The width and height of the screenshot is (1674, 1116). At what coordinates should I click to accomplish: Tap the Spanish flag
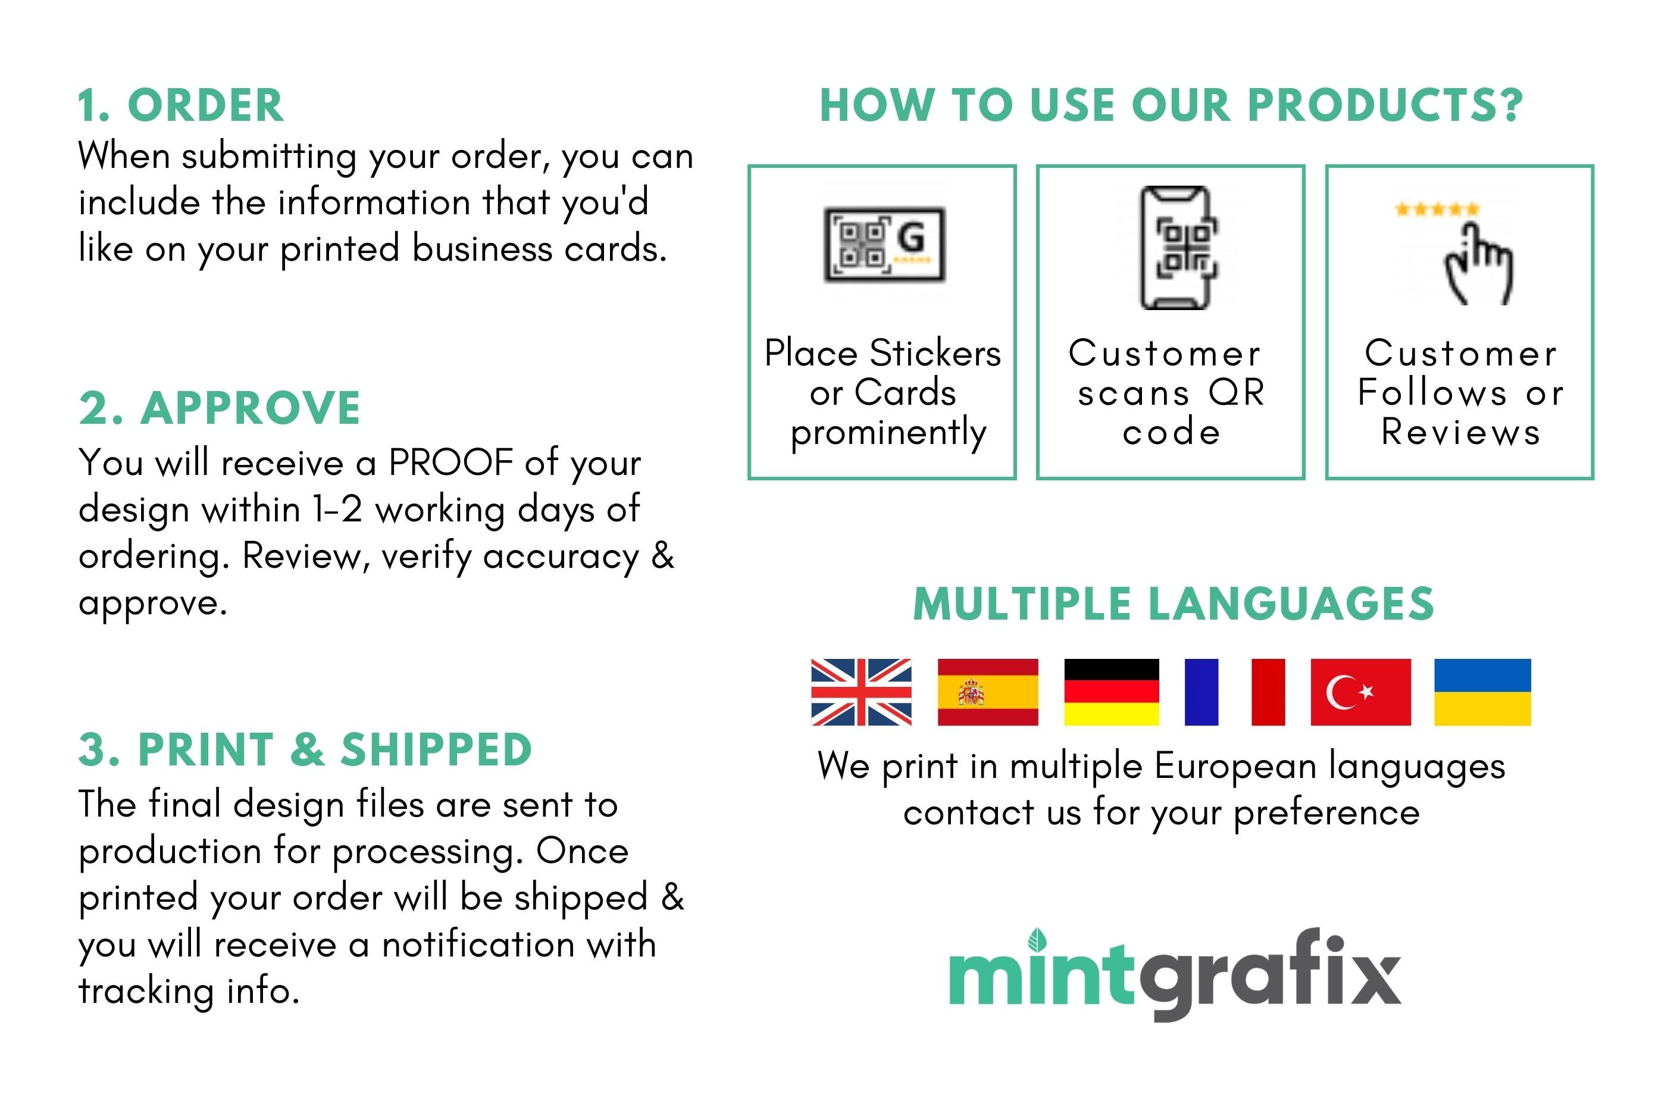click(x=987, y=692)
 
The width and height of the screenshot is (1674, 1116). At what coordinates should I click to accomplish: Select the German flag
click(x=1110, y=692)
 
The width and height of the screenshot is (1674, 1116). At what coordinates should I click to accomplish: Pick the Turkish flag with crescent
click(x=1360, y=692)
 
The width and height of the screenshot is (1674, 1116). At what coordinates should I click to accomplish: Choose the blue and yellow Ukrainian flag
click(x=1481, y=692)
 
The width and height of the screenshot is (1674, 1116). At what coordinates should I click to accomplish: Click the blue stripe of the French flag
click(x=1200, y=692)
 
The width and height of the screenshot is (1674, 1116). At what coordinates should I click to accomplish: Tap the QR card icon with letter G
click(x=884, y=244)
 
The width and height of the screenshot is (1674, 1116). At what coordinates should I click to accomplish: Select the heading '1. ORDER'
click(x=181, y=105)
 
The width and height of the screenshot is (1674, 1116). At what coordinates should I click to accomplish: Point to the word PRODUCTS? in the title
click(x=1384, y=105)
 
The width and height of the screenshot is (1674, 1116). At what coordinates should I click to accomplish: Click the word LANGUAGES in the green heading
click(x=1291, y=604)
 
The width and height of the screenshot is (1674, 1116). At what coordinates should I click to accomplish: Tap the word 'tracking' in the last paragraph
click(x=146, y=991)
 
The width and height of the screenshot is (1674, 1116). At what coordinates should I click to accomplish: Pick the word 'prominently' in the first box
click(x=888, y=433)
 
